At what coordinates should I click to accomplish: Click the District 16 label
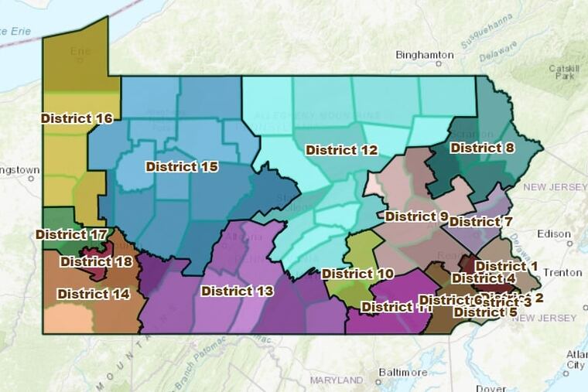point(77,118)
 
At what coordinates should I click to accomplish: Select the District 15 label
point(182,166)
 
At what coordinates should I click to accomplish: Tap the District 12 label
point(341,150)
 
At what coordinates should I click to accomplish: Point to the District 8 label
point(482,148)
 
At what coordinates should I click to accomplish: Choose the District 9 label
point(416,216)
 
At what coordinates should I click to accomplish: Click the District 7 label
point(480,222)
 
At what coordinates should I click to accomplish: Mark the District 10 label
point(357,274)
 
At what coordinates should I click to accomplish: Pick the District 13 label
point(237,291)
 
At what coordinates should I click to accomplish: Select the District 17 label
point(70,233)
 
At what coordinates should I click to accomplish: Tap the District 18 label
point(96,261)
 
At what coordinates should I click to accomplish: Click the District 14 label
point(93,294)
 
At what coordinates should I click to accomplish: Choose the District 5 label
point(485,312)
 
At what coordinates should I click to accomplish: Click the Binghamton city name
point(424,55)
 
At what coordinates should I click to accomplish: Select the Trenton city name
point(568,273)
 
